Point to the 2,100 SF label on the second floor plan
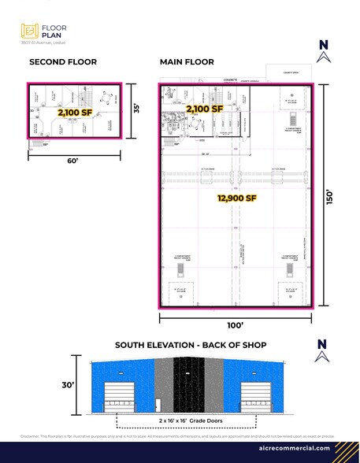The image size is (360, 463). coord(75,113)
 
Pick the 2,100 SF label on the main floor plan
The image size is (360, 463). coord(205,109)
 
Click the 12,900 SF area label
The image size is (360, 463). coord(238,199)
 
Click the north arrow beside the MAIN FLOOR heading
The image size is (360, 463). coord(321,52)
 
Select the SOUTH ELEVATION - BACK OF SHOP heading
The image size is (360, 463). coord(191,345)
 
